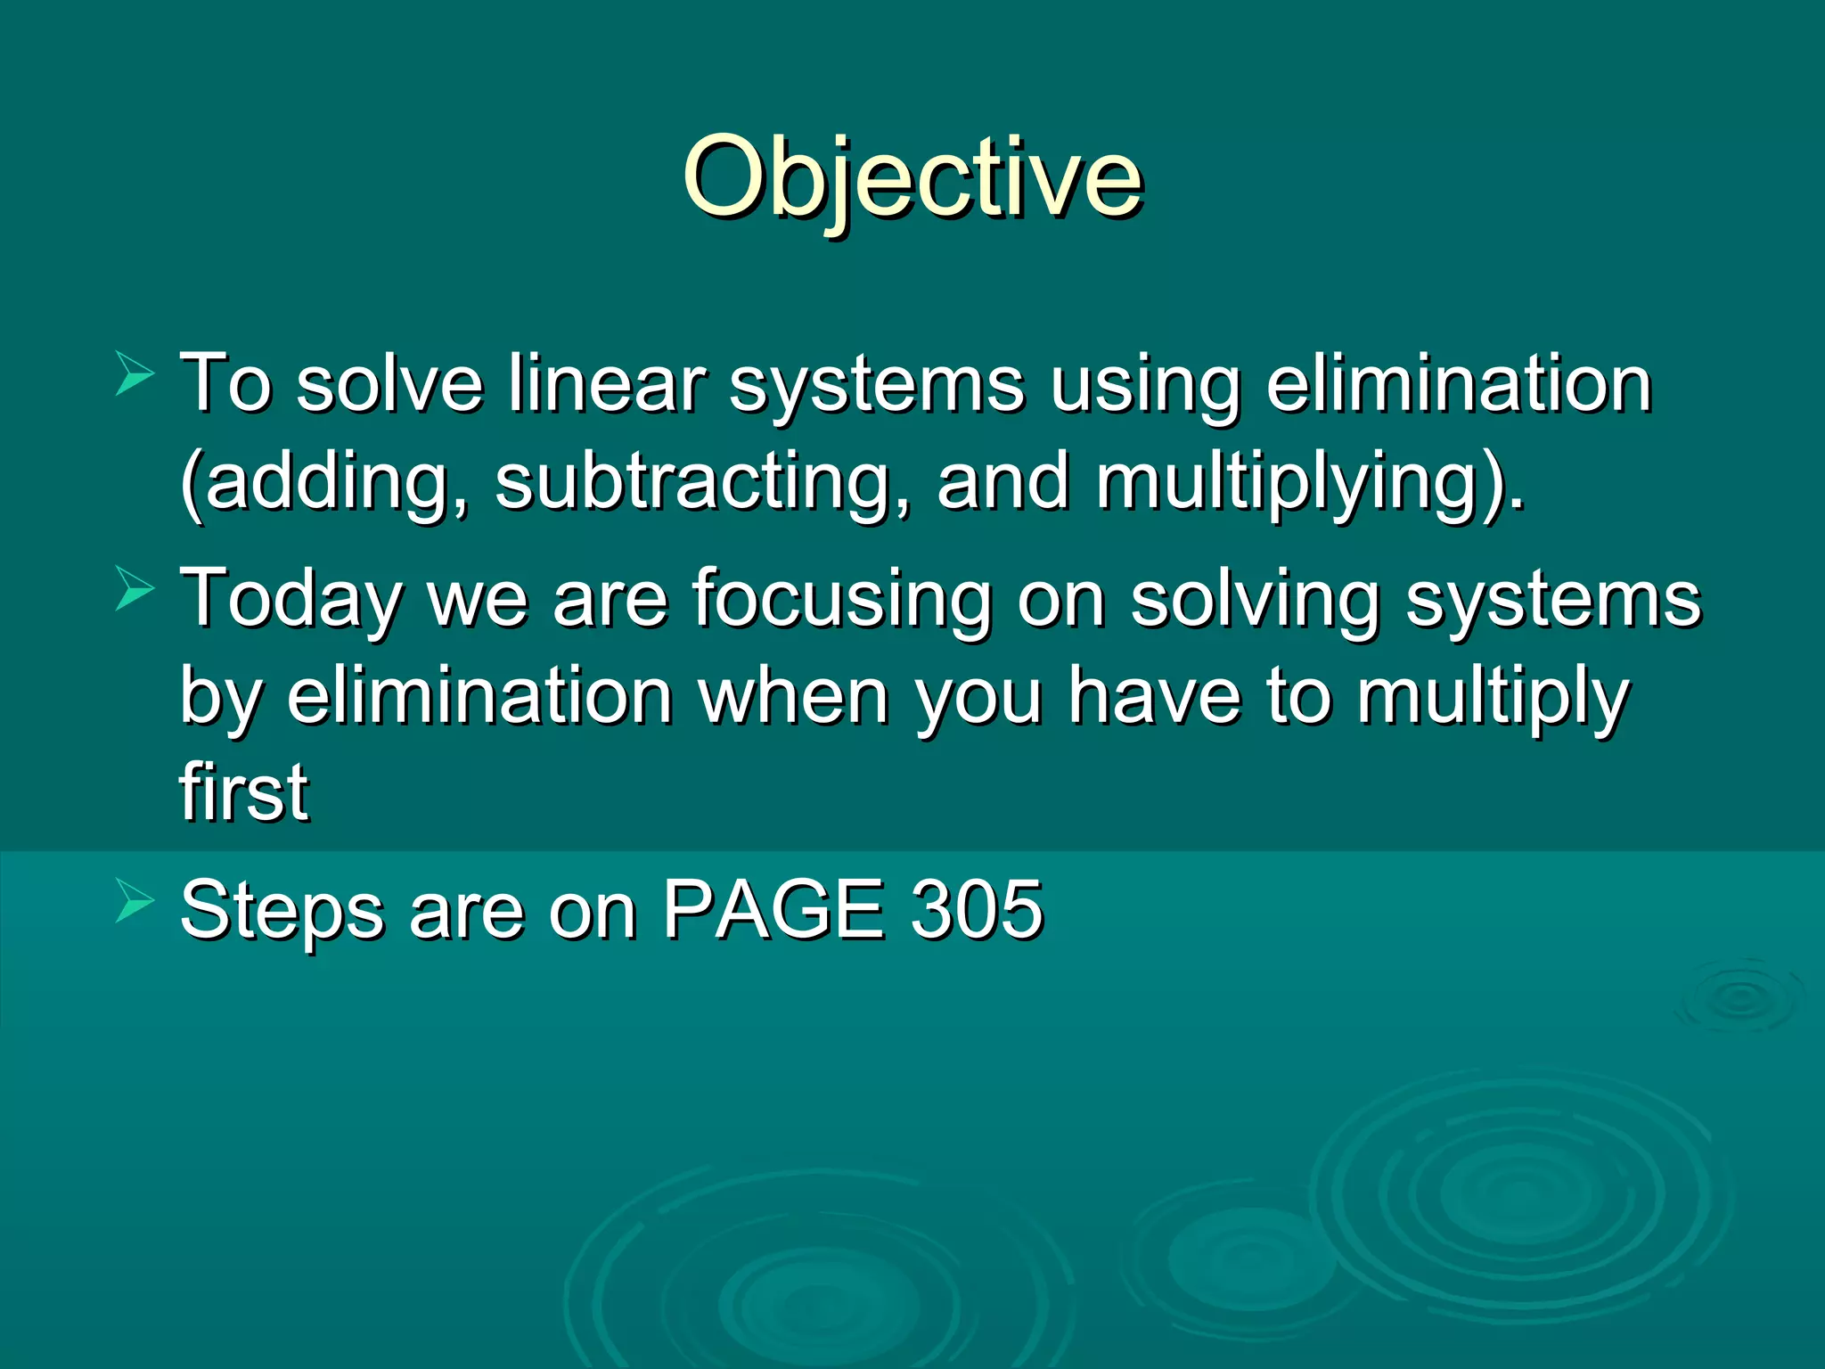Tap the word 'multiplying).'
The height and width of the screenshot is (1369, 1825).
(x=1310, y=482)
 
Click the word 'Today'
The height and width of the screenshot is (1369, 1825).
(x=291, y=600)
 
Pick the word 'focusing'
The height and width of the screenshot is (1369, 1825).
(x=842, y=600)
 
